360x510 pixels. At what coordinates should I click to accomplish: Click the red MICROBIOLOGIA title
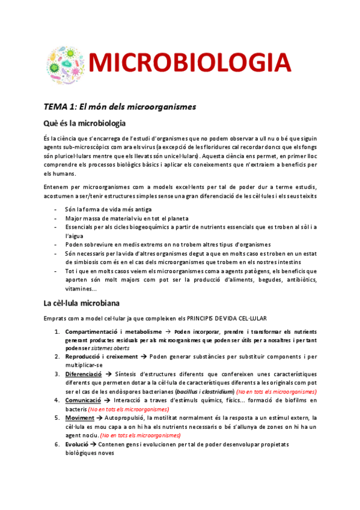coord(190,62)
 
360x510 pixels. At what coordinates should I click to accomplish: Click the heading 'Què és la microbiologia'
coord(85,124)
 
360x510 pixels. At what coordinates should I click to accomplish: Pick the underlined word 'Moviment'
coord(80,417)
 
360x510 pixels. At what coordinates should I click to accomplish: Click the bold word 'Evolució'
coord(79,443)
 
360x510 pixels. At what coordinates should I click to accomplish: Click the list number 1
coord(56,331)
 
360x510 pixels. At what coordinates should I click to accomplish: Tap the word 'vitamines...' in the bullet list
coord(84,289)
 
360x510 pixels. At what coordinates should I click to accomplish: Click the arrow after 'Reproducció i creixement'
coord(143,357)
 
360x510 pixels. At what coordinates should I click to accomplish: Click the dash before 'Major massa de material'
coord(56,218)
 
